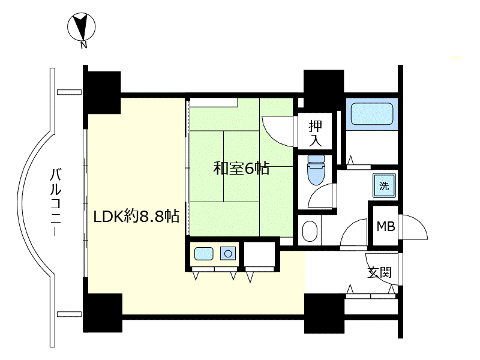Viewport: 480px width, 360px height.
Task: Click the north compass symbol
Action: click(82, 26)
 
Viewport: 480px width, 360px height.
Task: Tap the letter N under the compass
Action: click(83, 46)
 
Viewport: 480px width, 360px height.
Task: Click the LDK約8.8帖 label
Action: click(136, 217)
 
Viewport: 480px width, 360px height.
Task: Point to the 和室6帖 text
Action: click(241, 168)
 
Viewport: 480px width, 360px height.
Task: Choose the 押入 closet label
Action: click(316, 133)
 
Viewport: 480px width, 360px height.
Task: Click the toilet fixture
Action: click(316, 170)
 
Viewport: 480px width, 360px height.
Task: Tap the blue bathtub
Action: click(371, 113)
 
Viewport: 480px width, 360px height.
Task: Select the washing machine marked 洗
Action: click(384, 185)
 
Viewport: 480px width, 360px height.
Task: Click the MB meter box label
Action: click(386, 227)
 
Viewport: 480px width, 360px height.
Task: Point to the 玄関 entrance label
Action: click(380, 272)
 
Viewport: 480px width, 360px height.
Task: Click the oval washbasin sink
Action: click(310, 232)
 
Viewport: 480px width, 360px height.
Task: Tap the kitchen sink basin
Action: click(203, 254)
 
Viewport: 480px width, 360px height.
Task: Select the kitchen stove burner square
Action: click(228, 253)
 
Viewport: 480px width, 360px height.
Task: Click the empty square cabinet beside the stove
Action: click(259, 254)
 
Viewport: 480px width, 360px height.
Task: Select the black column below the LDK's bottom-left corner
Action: click(103, 313)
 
